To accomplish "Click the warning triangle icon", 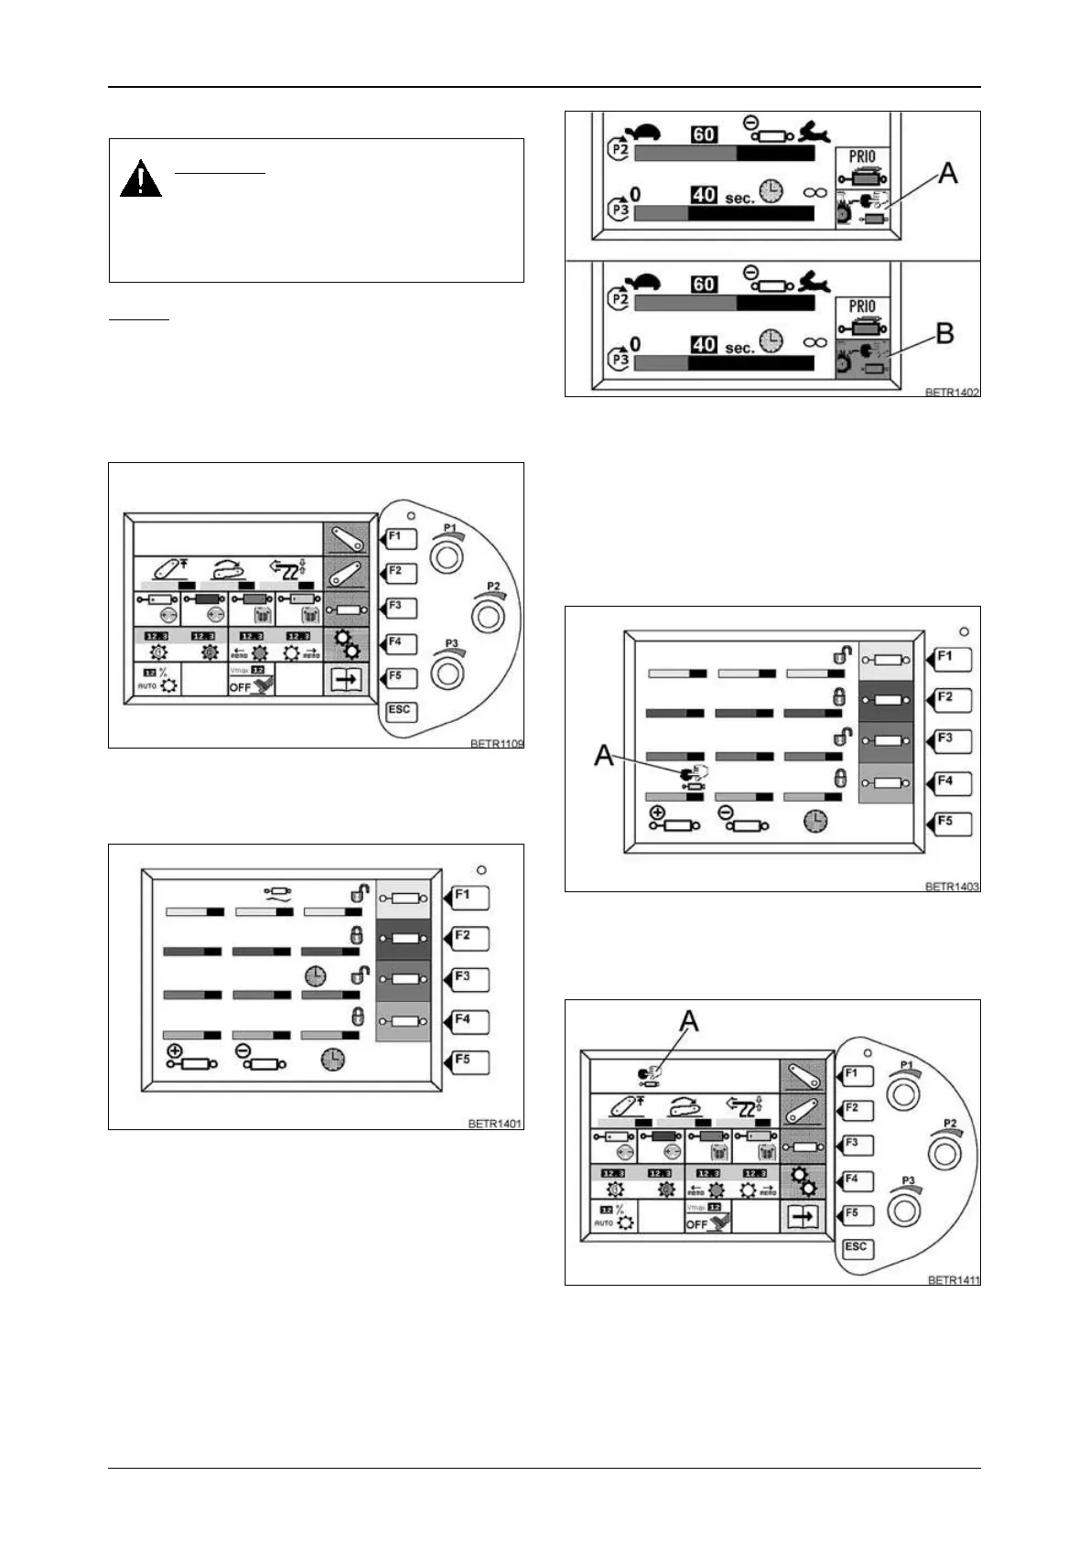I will (x=140, y=179).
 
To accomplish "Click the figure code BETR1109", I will (x=496, y=743).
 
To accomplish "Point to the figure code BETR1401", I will (x=495, y=1124).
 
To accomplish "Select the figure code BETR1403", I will (x=952, y=886).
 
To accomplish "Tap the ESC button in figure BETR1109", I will (x=400, y=711).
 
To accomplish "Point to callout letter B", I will (x=944, y=334).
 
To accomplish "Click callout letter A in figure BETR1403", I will (x=604, y=755).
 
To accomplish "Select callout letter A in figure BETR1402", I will (x=948, y=172).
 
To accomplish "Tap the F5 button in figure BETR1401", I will (x=469, y=1061).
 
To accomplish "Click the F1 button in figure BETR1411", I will (x=856, y=1076).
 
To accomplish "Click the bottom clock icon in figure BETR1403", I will (x=814, y=821).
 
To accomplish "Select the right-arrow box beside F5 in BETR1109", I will (x=346, y=680).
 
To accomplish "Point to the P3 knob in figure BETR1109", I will (x=447, y=672).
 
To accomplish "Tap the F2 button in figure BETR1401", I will (x=469, y=938).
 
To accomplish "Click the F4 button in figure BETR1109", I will (x=399, y=643).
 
